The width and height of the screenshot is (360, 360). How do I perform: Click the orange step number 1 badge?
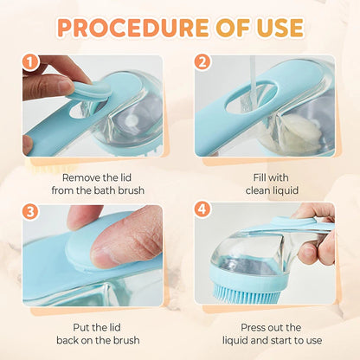click(32, 62)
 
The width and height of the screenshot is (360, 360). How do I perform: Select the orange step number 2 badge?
click(202, 62)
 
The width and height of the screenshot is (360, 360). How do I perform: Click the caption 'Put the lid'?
click(93, 327)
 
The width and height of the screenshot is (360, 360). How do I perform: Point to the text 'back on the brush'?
click(93, 342)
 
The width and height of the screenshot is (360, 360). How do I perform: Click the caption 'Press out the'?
click(264, 327)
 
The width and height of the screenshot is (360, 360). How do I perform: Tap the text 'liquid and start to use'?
click(264, 342)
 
